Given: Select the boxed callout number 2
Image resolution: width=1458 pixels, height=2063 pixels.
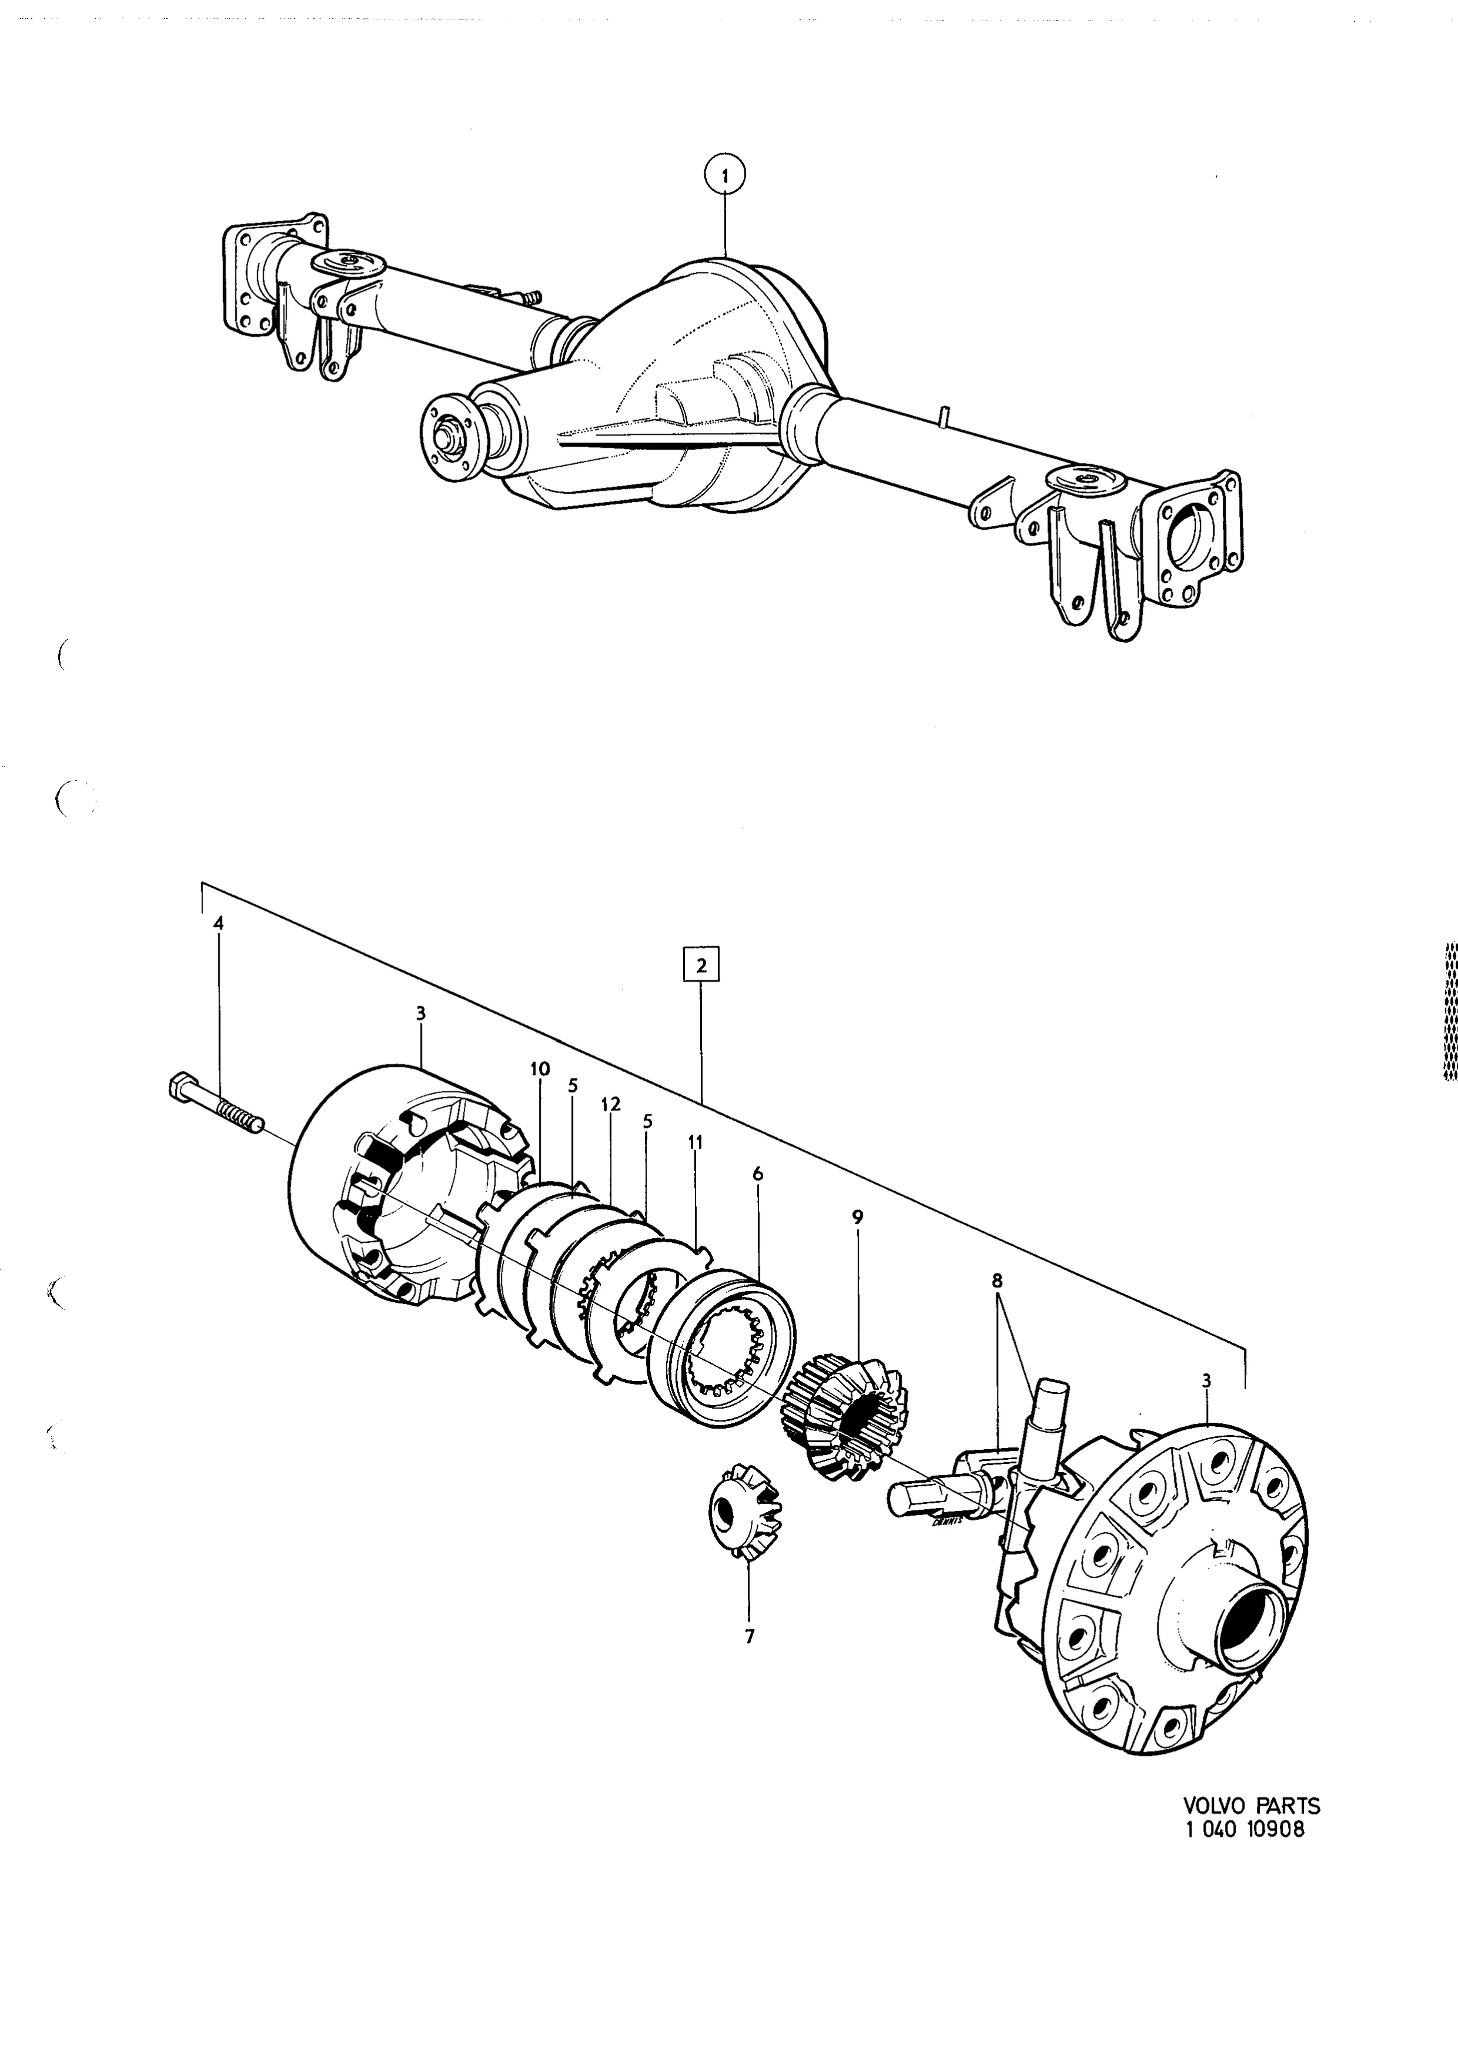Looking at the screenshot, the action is [x=701, y=966].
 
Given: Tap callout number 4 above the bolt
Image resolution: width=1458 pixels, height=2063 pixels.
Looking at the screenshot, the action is [x=218, y=924].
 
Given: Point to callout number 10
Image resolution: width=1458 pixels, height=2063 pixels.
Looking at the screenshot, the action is [x=539, y=1069].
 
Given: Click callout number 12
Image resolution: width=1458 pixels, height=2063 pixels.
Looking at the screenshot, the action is [x=611, y=1104].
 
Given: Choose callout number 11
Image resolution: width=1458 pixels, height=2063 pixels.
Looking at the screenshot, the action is [x=695, y=1142].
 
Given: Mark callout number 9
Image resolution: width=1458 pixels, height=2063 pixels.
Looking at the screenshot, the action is [x=857, y=1218].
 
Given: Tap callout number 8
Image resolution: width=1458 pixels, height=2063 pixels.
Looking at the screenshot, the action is [x=996, y=1280].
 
